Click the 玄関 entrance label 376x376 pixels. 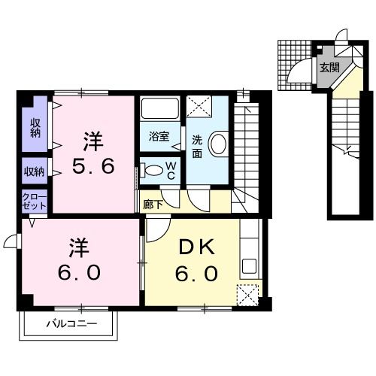coord(329,68)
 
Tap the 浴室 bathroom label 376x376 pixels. coord(159,137)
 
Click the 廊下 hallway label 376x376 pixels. coord(150,203)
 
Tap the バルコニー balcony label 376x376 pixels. coord(71,324)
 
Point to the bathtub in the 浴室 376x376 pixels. coord(159,109)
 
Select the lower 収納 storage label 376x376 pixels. coord(35,171)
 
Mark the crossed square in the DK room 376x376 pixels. coord(247,295)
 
